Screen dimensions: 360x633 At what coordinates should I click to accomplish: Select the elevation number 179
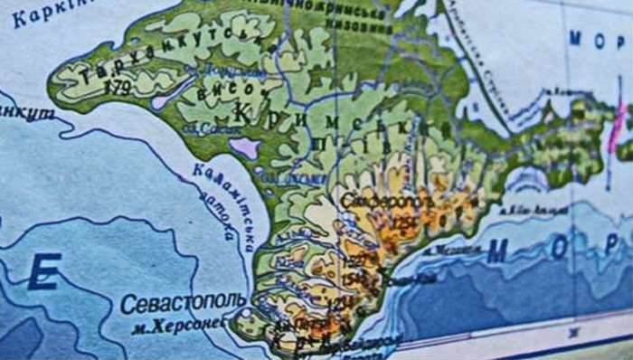(118, 88)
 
